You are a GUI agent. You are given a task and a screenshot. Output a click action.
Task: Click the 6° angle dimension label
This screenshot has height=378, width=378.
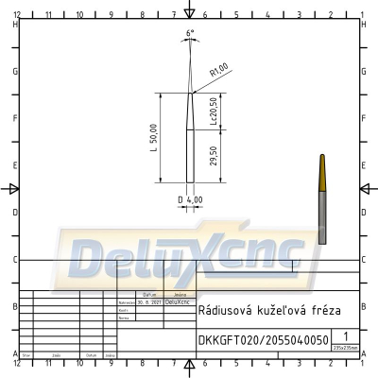pos(190,34)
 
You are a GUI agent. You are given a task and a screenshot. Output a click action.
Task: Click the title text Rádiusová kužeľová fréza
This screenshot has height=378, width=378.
pos(264,310)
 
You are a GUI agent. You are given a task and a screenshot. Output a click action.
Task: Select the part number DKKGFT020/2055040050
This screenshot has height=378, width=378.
pos(264,339)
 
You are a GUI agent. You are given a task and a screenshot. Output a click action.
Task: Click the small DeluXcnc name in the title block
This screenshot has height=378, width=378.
pos(176,302)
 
